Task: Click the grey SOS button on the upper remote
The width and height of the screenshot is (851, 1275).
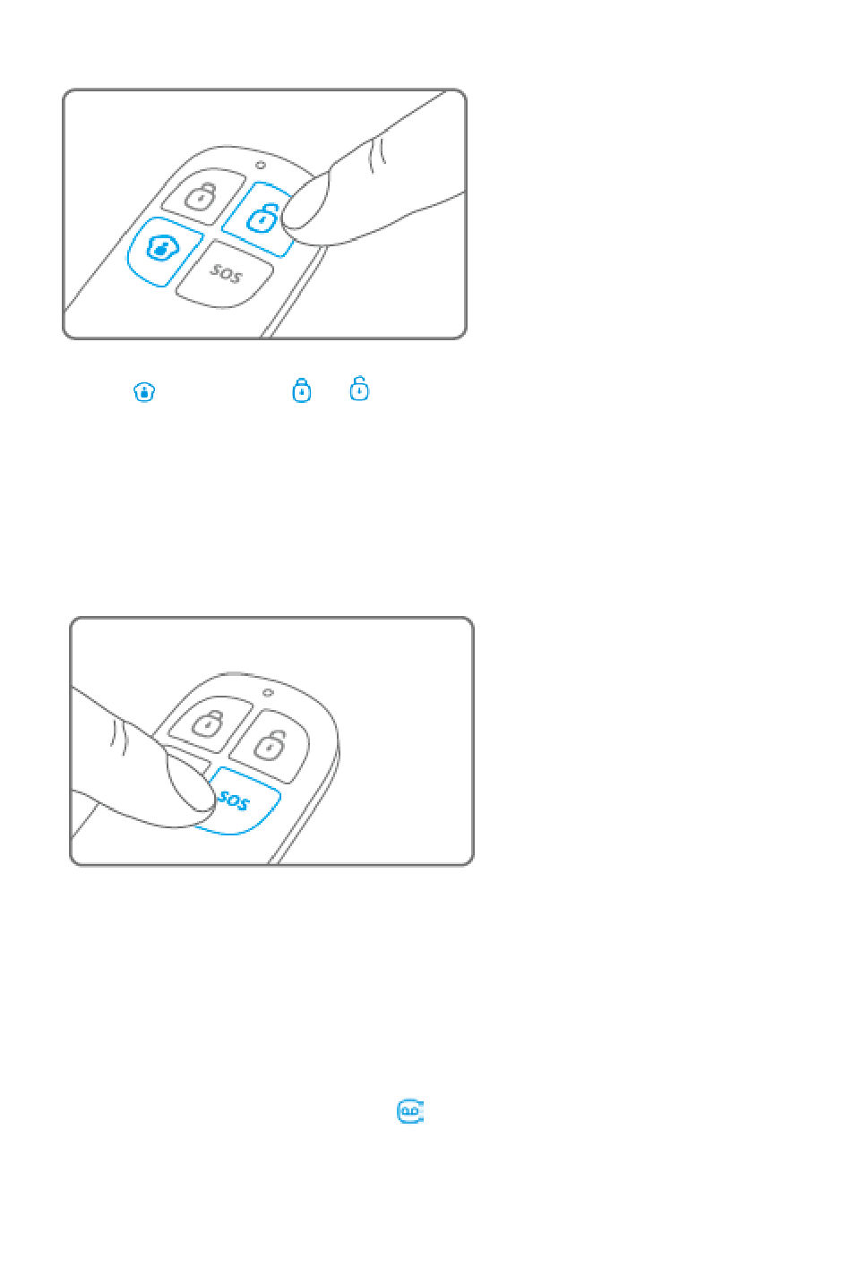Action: [224, 275]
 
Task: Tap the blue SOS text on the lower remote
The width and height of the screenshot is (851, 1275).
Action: [234, 800]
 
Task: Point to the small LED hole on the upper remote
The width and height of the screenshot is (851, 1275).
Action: [261, 165]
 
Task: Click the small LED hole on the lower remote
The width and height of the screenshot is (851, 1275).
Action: [268, 693]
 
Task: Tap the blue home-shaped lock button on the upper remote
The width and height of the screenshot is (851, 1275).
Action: [164, 251]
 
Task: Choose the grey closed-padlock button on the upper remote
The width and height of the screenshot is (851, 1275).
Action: [202, 196]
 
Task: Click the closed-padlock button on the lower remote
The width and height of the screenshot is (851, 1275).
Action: [211, 723]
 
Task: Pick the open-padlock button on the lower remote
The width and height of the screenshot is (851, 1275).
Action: [270, 746]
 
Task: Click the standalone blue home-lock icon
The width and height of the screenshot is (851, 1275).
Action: [144, 392]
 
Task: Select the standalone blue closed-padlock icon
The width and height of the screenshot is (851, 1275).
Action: [301, 389]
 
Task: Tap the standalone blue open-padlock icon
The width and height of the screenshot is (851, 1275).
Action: [359, 389]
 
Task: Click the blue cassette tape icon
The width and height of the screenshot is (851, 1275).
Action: [410, 1111]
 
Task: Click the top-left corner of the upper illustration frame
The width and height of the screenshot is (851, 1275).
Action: [64, 90]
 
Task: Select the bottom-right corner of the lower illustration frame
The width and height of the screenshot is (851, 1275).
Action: [473, 865]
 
